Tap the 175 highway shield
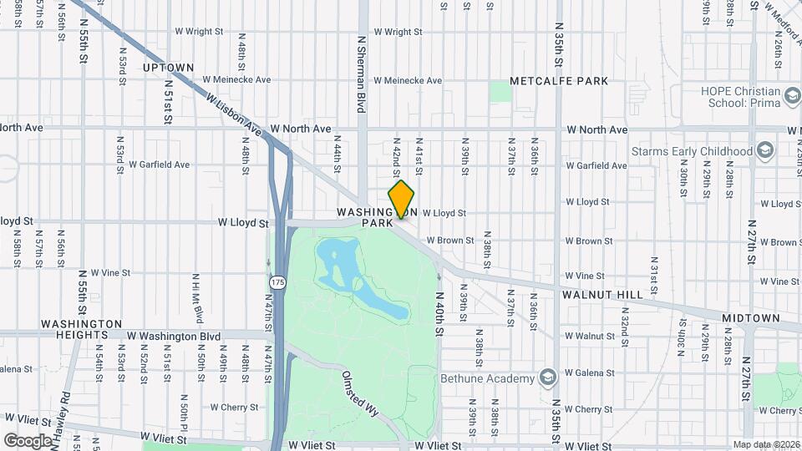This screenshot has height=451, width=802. [278, 282]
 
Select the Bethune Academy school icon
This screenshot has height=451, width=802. [547, 378]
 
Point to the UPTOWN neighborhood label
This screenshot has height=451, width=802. [168, 68]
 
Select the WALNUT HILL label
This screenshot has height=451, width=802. [602, 295]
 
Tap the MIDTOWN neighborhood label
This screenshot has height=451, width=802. [750, 318]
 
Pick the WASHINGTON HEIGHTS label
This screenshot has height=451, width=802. [82, 329]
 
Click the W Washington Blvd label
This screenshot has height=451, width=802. [174, 337]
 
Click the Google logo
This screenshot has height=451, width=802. [28, 440]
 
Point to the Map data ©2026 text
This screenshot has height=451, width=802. [766, 444]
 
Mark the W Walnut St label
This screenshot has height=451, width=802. [589, 336]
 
